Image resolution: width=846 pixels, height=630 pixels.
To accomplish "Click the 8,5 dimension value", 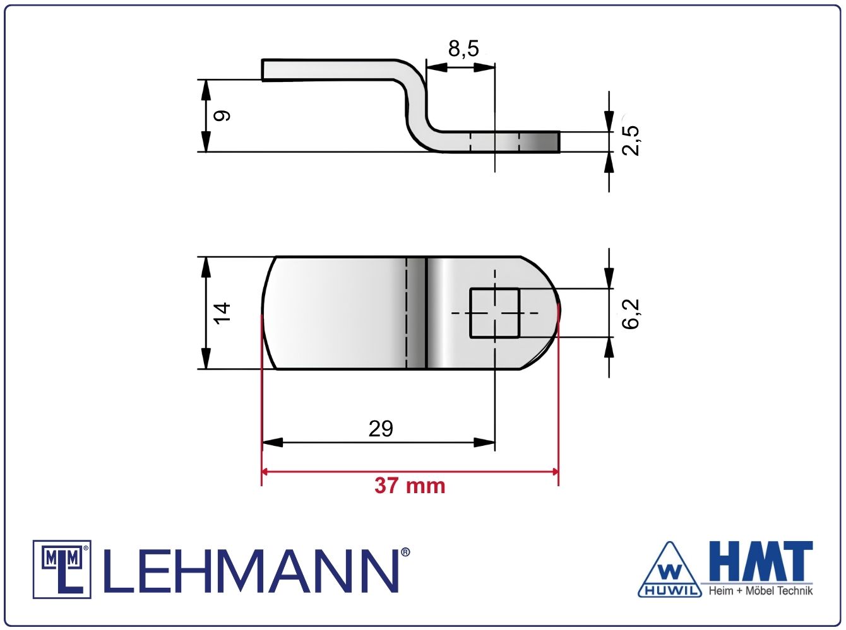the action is point(463,49).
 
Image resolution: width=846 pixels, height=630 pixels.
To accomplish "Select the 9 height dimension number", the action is point(222,115).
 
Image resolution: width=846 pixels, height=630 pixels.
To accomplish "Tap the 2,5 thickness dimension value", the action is point(631,141).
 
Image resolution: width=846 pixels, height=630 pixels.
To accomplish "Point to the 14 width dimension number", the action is point(222,313).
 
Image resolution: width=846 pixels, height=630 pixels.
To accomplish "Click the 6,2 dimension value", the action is point(631,313).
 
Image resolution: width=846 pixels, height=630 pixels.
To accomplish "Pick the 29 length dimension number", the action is point(381,429).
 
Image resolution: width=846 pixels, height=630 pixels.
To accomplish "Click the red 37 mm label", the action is point(410,486).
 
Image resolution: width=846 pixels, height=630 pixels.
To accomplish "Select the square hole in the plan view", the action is point(495,313).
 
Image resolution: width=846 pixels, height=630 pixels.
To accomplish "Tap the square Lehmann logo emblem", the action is point(62,569).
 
